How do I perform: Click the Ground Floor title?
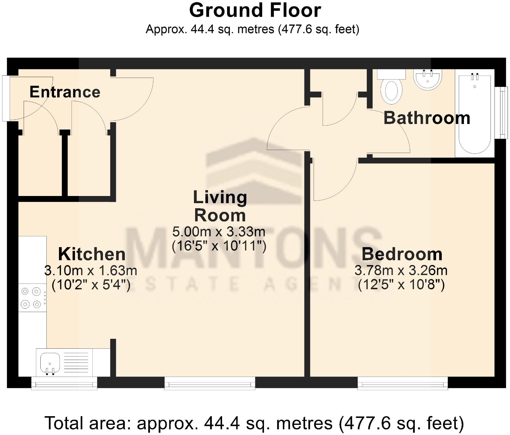click(255, 11)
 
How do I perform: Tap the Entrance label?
click(65, 92)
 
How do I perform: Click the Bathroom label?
click(427, 118)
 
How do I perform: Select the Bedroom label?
click(402, 254)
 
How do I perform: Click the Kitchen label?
click(92, 254)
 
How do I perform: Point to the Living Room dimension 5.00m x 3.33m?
click(218, 232)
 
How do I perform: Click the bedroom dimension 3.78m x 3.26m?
click(401, 270)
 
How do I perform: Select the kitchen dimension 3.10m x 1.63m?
click(91, 270)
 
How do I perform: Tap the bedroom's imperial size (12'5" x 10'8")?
click(401, 284)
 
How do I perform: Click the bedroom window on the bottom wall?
click(403, 383)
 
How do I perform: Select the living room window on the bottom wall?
click(210, 383)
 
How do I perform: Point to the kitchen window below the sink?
click(64, 383)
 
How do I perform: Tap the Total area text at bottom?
click(254, 423)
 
